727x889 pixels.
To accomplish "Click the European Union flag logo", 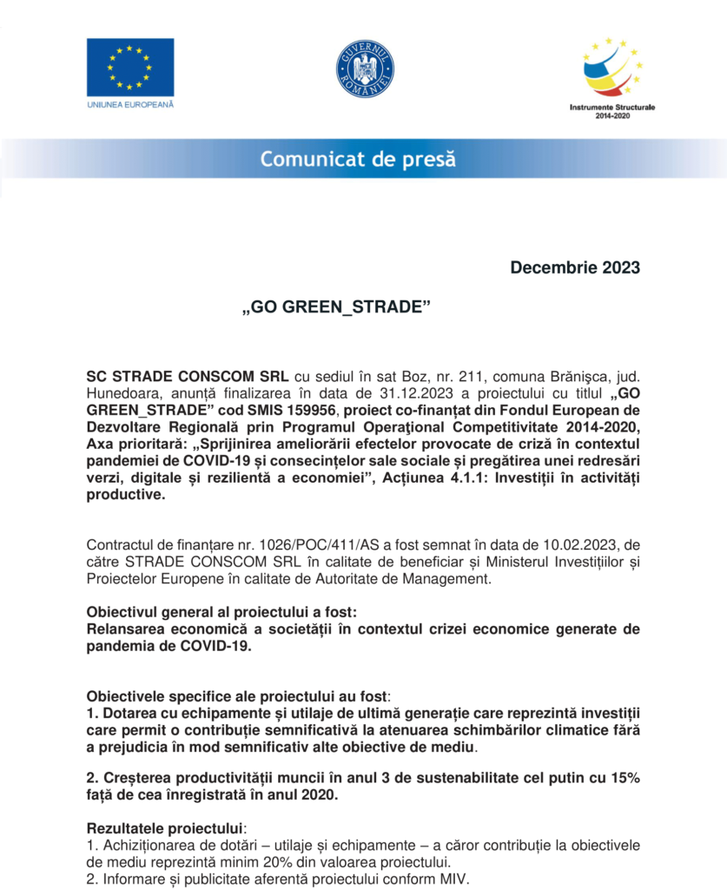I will [x=129, y=67].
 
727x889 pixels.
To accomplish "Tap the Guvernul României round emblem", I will [x=365, y=69].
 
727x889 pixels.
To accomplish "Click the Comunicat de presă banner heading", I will [x=357, y=159].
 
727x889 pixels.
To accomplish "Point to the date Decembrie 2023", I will [x=575, y=267].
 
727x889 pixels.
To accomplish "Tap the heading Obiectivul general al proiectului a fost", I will [x=221, y=611].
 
